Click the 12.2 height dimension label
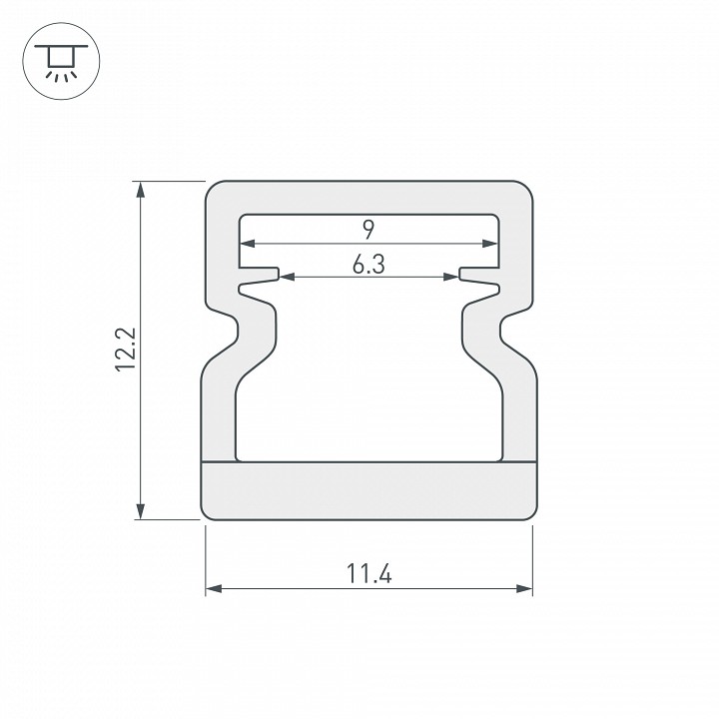(x=126, y=350)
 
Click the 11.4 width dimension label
(x=369, y=573)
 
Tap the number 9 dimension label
(x=369, y=230)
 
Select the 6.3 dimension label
(x=368, y=264)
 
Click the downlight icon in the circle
(x=61, y=61)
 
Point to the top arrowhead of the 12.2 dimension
(x=141, y=190)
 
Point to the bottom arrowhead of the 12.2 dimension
(x=141, y=511)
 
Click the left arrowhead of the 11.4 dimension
(x=214, y=588)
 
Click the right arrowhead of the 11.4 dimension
(x=524, y=588)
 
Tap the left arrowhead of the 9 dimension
(x=248, y=244)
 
